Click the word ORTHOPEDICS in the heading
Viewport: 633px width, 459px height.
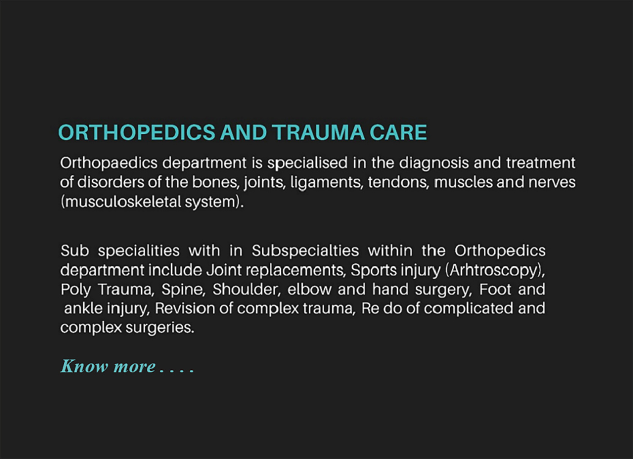point(137,132)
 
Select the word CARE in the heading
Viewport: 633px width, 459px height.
point(398,132)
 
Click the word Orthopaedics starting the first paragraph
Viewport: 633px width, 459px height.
point(109,164)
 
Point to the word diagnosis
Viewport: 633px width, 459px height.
point(434,164)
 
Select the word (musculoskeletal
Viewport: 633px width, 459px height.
point(121,202)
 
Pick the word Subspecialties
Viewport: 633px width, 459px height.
point(305,251)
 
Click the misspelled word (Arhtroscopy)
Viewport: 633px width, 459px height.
point(495,271)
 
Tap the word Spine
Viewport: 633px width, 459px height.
point(183,290)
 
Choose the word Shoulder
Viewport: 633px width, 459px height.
point(247,290)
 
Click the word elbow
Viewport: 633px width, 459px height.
point(310,289)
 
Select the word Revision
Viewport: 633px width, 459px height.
point(185,308)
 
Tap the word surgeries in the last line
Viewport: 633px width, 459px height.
point(160,328)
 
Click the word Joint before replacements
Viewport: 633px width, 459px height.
point(224,270)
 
